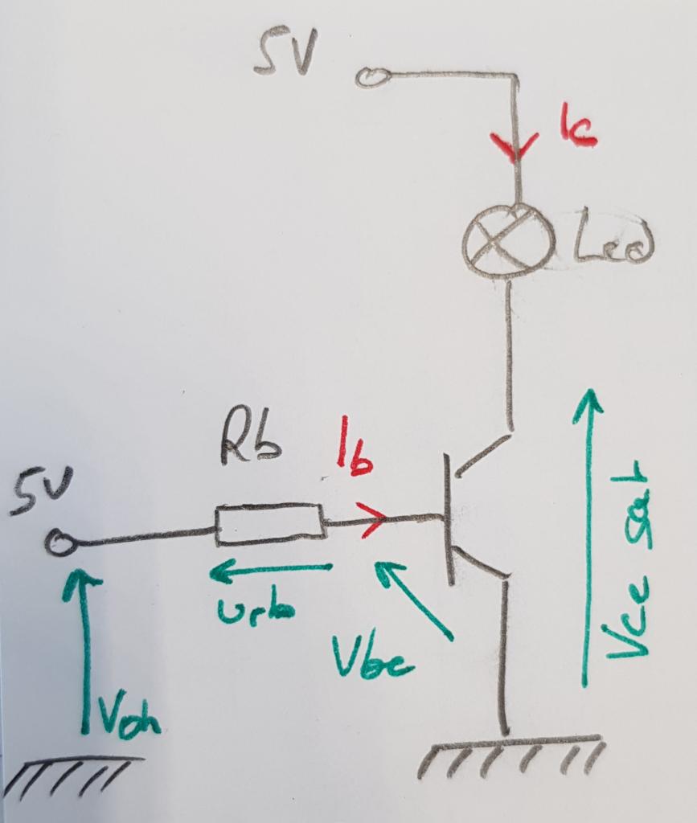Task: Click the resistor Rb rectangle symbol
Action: pos(269,525)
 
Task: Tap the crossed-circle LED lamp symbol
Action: pos(509,241)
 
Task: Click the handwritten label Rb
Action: pos(251,443)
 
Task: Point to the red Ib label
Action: pos(354,457)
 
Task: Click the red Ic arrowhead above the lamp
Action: pos(515,147)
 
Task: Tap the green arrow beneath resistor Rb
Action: pos(270,571)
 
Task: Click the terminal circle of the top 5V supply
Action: pos(372,76)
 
